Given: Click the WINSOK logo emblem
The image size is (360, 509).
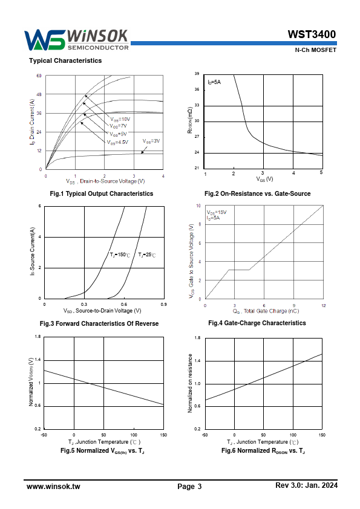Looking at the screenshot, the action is point(45,41).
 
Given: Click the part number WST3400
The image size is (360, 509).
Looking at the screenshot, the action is point(312,34).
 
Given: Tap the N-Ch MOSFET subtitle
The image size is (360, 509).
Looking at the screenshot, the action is point(315,50).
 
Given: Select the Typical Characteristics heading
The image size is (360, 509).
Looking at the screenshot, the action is point(65,60).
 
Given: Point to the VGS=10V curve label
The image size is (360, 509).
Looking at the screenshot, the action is point(120,119).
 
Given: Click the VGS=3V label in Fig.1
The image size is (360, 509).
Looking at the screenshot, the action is point(151,141).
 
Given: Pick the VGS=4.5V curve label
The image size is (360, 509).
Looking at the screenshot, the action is point(117,142).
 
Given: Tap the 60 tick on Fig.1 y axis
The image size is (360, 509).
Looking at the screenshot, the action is point(39,76).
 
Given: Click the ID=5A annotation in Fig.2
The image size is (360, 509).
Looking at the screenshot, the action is point(214,82).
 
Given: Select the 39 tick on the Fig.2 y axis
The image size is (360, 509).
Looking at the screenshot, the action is point(197,74).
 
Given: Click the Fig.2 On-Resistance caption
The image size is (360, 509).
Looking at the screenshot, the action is point(257,194).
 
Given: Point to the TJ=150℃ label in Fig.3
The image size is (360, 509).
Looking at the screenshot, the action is point(120,255).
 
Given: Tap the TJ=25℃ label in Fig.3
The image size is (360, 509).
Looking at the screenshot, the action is point(147,255).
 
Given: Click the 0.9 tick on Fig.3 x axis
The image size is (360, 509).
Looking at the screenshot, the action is point(164,305).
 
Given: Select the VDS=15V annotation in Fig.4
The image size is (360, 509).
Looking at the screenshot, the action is point(217,212).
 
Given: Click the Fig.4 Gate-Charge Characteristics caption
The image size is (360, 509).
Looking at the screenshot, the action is point(257,323).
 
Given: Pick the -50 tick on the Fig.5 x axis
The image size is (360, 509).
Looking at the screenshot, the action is point(44,435).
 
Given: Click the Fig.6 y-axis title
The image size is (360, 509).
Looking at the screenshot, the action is point(190,383).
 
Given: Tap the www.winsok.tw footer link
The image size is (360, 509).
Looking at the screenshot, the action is point(53,486).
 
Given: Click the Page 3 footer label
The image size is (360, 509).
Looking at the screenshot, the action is point(189,486).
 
